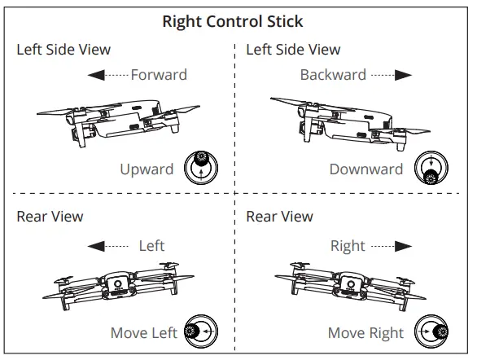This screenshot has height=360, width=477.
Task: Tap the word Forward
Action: coord(159,75)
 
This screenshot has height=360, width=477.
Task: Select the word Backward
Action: coord(333,75)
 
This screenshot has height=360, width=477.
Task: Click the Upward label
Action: coord(147,169)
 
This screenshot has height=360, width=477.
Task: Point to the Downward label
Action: coord(365,169)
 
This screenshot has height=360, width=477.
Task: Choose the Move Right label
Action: coord(365,332)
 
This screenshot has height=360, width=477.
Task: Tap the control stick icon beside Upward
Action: coord(201,167)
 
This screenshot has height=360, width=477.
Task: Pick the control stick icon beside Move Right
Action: coord(431,331)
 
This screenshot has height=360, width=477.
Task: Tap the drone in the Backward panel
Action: coord(350,121)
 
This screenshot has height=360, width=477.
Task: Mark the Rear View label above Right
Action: coord(279,217)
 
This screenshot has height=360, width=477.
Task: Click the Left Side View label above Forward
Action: coord(63,50)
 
